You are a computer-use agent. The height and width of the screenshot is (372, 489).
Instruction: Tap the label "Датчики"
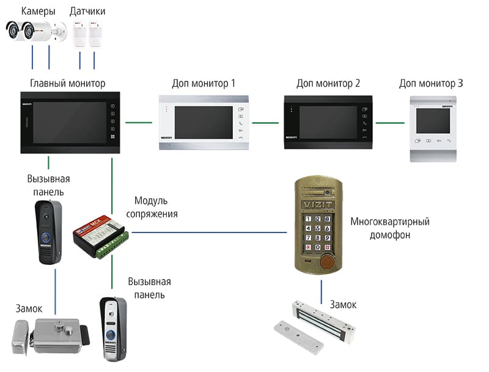click(87, 11)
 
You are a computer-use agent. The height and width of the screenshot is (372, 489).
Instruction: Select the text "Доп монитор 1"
click(204, 83)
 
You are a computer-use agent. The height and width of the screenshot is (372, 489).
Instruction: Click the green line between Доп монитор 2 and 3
click(389, 122)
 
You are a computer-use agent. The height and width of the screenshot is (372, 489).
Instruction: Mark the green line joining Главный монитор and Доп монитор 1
click(139, 122)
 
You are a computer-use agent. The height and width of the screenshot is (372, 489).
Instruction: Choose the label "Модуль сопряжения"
click(152, 207)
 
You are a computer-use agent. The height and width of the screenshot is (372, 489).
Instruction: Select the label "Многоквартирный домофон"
click(390, 228)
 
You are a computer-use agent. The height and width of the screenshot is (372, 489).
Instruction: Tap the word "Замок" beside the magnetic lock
click(343, 304)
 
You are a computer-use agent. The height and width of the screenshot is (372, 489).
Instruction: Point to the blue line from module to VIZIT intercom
click(208, 232)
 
